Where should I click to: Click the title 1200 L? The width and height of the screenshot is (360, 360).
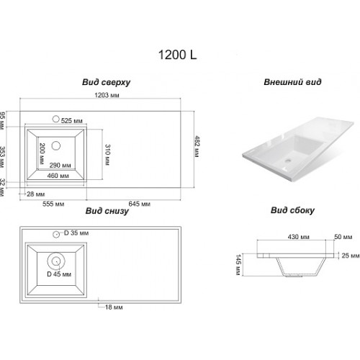pyautogui.click(x=178, y=55)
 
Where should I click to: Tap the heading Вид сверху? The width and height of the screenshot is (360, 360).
pyautogui.click(x=107, y=82)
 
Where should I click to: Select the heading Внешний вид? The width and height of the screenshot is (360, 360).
pyautogui.click(x=292, y=82)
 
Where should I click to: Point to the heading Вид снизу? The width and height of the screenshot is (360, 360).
pyautogui.click(x=107, y=211)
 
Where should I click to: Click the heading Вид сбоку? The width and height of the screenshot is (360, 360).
pyautogui.click(x=292, y=210)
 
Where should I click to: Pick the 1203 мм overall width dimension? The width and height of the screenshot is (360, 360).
pyautogui.click(x=107, y=95)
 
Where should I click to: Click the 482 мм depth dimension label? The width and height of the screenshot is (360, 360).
pyautogui.click(x=197, y=146)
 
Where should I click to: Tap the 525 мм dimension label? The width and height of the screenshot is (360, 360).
pyautogui.click(x=72, y=121)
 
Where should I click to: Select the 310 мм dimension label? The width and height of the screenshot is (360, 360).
pyautogui.click(x=107, y=155)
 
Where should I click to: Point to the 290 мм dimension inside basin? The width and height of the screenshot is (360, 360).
pyautogui.click(x=60, y=165)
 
